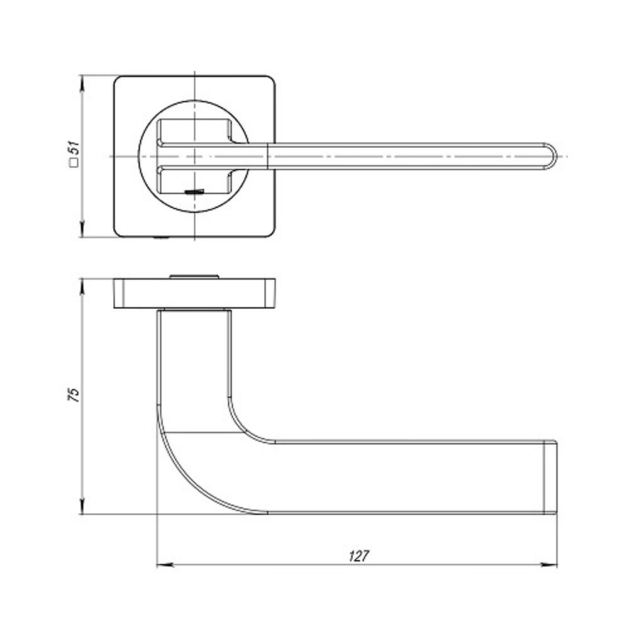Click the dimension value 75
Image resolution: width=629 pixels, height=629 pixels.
tap(74, 394)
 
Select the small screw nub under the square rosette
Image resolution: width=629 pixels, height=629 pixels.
tap(160, 238)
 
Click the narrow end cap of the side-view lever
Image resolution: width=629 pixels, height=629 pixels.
tap(550, 477)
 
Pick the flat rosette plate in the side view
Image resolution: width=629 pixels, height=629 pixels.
tap(195, 293)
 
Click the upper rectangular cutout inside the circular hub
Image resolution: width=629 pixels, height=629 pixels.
tap(195, 130)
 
